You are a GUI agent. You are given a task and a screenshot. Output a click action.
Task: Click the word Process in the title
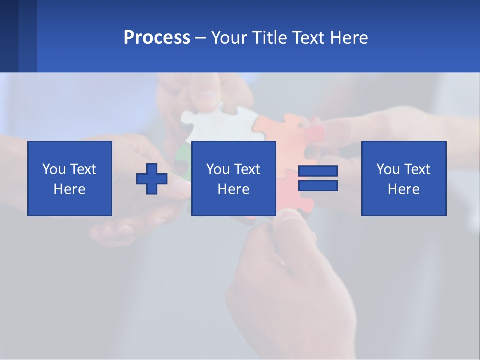(157, 38)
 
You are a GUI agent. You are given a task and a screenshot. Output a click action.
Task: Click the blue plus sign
(152, 178)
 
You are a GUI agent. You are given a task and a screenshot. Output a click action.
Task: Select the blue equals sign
(318, 178)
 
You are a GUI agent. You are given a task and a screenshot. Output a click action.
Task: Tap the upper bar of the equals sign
(318, 171)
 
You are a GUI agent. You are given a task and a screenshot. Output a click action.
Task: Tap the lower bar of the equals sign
(318, 186)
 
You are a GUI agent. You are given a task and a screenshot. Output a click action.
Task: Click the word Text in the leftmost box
(83, 169)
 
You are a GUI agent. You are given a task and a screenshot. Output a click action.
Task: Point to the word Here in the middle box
(233, 189)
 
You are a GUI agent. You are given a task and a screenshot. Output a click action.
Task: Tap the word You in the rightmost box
(388, 169)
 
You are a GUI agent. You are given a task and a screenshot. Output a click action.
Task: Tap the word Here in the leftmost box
(70, 189)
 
